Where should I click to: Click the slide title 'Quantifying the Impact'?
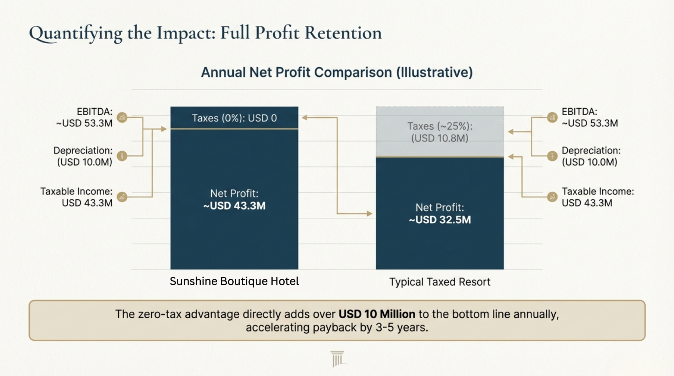pyautogui.click(x=205, y=33)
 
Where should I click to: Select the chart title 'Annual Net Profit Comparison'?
pyautogui.click(x=337, y=72)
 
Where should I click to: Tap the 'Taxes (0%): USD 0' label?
pyautogui.click(x=234, y=118)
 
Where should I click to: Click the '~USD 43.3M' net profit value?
pyautogui.click(x=234, y=206)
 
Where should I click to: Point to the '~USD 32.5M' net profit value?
pyautogui.click(x=440, y=220)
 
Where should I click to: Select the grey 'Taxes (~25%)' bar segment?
pyautogui.click(x=440, y=132)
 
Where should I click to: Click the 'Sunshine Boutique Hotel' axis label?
pyautogui.click(x=234, y=281)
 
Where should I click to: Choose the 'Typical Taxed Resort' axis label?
pyautogui.click(x=440, y=282)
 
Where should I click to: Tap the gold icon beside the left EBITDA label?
pyautogui.click(x=122, y=117)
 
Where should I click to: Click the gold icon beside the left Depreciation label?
pyautogui.click(x=122, y=156)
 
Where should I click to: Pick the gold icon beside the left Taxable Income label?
pyautogui.click(x=122, y=197)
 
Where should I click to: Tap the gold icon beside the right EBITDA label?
pyautogui.click(x=552, y=117)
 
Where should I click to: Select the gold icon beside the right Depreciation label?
pyautogui.click(x=552, y=156)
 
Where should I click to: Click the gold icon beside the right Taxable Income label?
pyautogui.click(x=552, y=197)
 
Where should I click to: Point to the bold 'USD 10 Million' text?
pyautogui.click(x=377, y=314)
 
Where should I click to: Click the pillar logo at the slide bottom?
pyautogui.click(x=337, y=359)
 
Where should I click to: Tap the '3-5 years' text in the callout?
pyautogui.click(x=402, y=328)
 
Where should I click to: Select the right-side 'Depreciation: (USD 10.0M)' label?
pyautogui.click(x=591, y=156)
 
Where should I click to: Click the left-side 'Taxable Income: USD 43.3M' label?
pyautogui.click(x=76, y=197)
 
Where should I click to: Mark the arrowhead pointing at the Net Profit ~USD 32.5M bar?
pyautogui.click(x=369, y=213)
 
